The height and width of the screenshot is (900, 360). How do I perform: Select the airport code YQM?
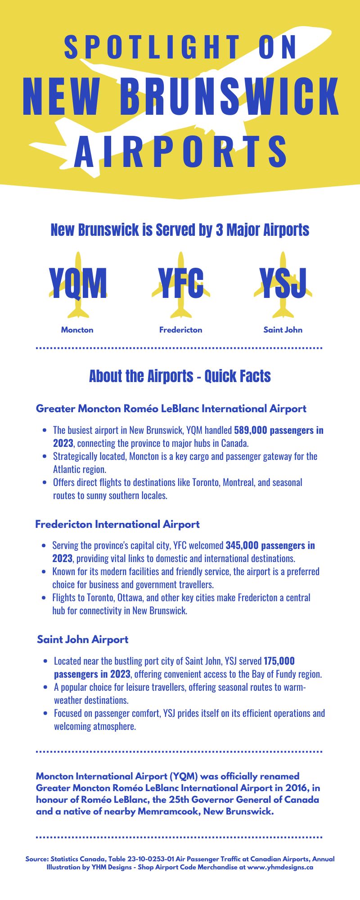(78, 283)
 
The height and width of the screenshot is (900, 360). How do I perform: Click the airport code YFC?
(181, 283)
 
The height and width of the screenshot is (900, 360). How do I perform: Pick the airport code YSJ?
(283, 283)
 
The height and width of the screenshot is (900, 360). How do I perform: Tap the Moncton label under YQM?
(77, 330)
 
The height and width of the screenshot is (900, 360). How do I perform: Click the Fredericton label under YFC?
(181, 330)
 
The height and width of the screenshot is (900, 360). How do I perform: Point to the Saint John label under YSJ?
(283, 330)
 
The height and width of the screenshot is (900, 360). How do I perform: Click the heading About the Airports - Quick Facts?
(180, 376)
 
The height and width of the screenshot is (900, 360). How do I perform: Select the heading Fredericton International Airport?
(117, 524)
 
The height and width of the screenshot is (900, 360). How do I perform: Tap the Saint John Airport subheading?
(83, 639)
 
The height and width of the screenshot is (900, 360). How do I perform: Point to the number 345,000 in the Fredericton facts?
(242, 545)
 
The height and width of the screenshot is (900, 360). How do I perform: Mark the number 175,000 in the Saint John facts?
(279, 661)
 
